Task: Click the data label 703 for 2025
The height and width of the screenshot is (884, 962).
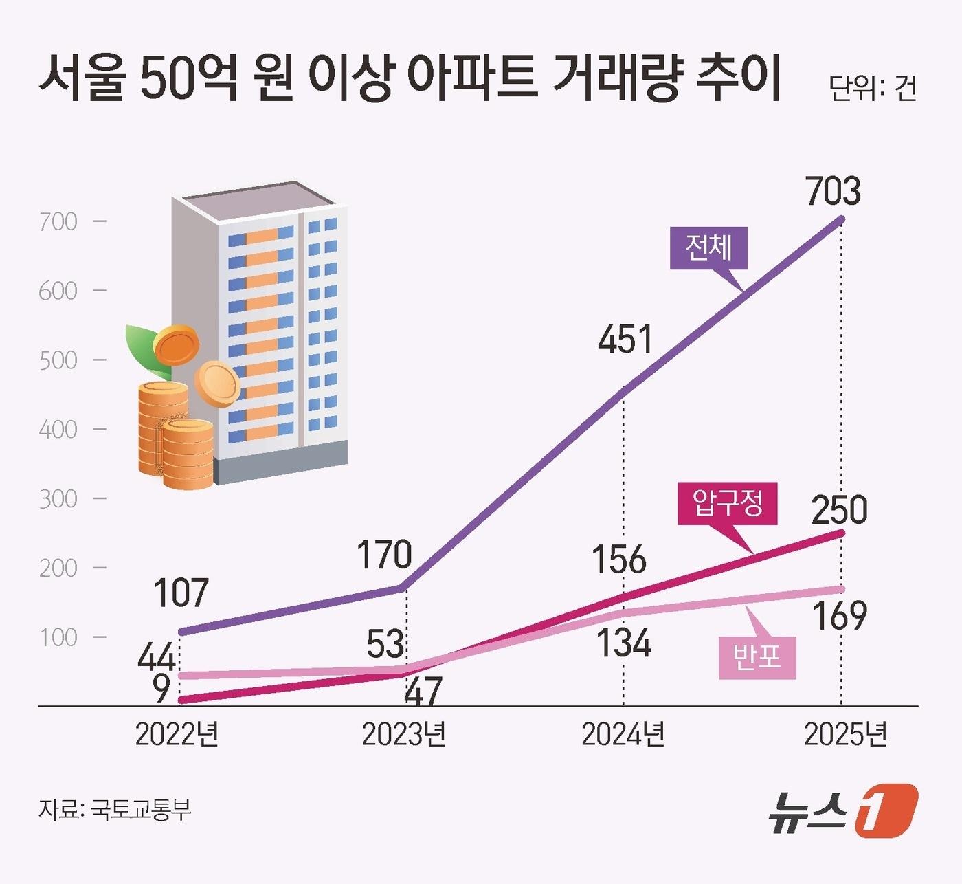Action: tap(833, 192)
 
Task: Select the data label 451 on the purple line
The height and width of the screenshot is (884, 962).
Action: tap(625, 340)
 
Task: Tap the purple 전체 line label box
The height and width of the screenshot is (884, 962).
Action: tap(708, 247)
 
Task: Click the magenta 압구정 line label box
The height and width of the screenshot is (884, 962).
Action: tap(728, 504)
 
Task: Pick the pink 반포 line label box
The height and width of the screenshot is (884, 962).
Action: tap(757, 657)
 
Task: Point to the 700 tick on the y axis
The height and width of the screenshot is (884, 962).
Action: tap(58, 221)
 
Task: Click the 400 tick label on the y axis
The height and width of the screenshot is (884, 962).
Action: tap(58, 430)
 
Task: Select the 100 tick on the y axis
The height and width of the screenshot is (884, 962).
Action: tap(58, 637)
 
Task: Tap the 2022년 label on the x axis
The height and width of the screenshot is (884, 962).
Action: tap(177, 734)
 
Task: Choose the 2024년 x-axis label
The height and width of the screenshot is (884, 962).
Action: tap(623, 734)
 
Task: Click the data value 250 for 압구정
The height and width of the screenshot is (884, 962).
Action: tap(839, 510)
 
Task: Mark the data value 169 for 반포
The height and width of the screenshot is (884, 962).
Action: tap(840, 616)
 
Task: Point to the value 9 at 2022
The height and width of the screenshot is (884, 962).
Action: tap(161, 689)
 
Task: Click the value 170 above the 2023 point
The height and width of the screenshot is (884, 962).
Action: tap(384, 555)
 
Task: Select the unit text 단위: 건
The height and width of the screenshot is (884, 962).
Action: tap(872, 88)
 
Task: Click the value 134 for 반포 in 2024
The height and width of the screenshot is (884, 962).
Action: tap(623, 644)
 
